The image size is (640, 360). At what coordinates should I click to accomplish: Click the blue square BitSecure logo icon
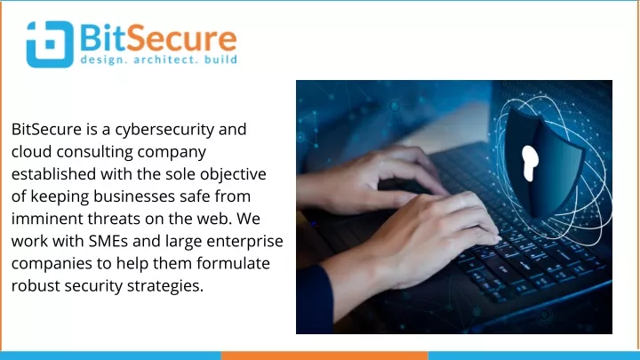pyautogui.click(x=50, y=44)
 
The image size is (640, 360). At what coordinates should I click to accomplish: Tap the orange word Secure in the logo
pyautogui.click(x=184, y=38)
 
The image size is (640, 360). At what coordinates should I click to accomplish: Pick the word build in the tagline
pyautogui.click(x=220, y=60)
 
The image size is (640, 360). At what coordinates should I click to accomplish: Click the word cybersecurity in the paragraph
pyautogui.click(x=164, y=130)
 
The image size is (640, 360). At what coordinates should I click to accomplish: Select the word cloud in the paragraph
pyautogui.click(x=32, y=151)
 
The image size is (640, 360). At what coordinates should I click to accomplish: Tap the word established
pyautogui.click(x=54, y=174)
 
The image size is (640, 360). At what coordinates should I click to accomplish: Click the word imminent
pyautogui.click(x=47, y=219)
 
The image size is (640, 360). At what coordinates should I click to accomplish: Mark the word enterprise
pyautogui.click(x=244, y=242)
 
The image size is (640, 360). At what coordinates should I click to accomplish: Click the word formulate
pyautogui.click(x=233, y=263)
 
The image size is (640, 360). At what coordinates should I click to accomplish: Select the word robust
pyautogui.click(x=36, y=285)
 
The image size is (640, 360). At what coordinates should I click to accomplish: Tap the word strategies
pyautogui.click(x=165, y=286)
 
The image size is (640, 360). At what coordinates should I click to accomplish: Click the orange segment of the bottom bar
pyautogui.click(x=324, y=356)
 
